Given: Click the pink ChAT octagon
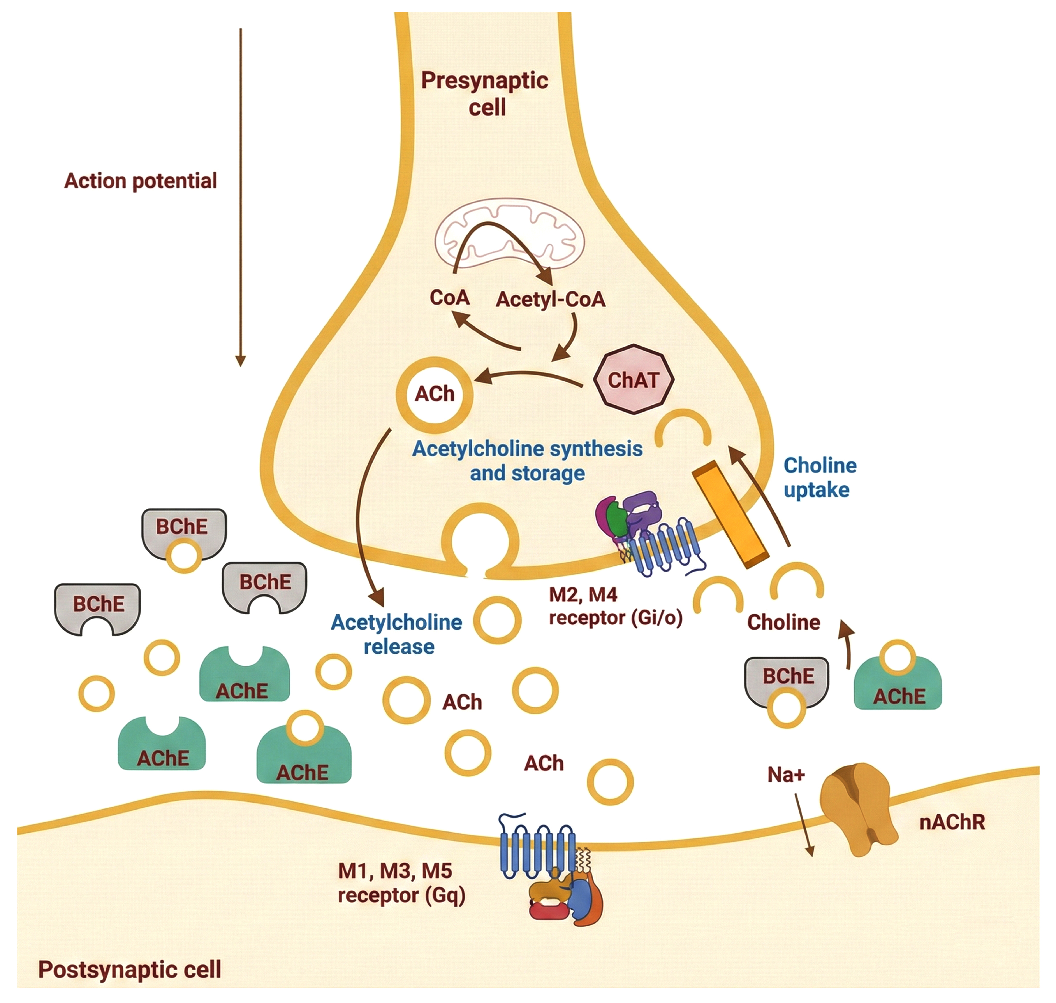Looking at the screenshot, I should (633, 380).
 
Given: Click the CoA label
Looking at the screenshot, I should (449, 297).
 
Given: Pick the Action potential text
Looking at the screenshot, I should (140, 181).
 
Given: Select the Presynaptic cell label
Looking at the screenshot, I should (485, 94).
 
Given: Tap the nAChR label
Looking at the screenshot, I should (952, 822).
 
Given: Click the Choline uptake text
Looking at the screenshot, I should (820, 477).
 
